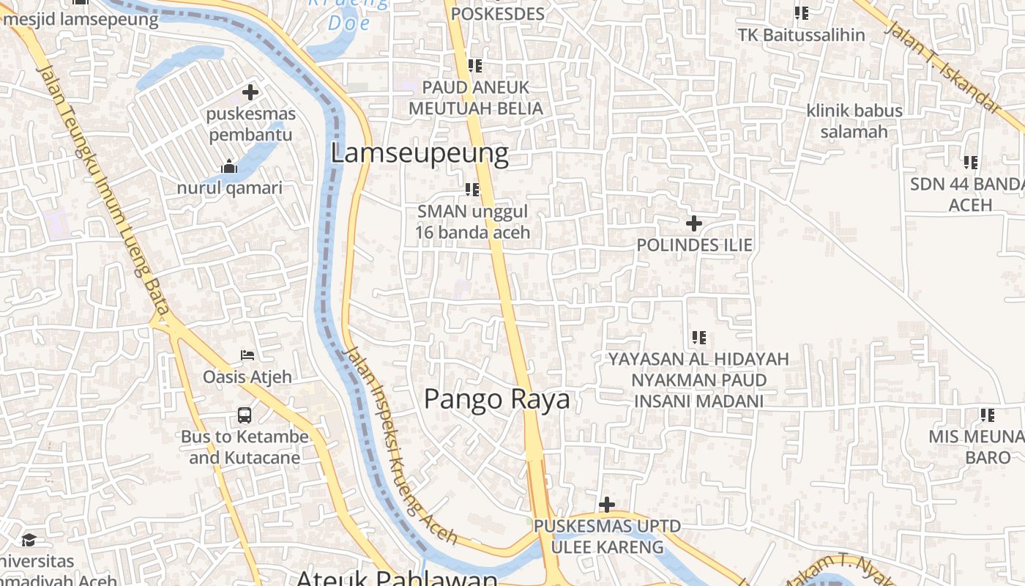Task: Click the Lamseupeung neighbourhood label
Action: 420,154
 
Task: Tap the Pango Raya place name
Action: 496,399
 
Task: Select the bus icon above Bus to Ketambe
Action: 245,415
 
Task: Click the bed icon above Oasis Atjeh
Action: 247,355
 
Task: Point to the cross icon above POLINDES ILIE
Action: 693,223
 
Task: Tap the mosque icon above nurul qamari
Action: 229,166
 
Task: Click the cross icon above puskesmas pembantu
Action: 250,92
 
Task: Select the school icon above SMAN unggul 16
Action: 472,190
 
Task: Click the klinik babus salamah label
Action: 854,121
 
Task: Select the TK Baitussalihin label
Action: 801,35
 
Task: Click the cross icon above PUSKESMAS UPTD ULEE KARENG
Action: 606,505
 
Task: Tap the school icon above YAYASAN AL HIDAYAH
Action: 698,338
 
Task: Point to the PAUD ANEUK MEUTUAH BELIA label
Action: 475,97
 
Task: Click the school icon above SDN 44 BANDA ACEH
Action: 970,162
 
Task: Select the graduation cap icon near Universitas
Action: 29,540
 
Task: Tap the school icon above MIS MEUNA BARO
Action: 987,415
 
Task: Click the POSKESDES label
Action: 497,14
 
